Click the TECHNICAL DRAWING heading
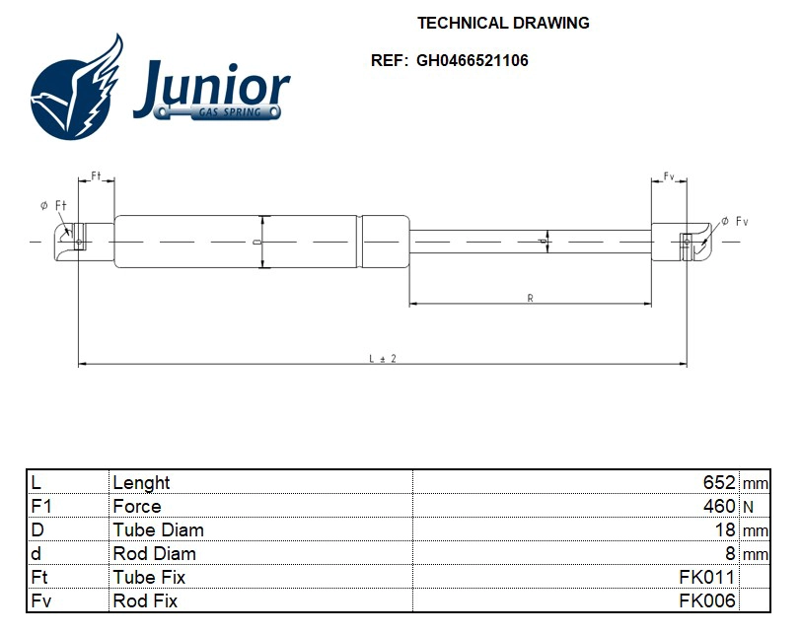click(x=503, y=23)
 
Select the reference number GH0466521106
click(x=472, y=60)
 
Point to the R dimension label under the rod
click(x=531, y=297)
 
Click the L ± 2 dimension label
click(x=382, y=358)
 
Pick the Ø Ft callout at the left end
click(x=52, y=205)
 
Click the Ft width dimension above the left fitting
click(x=97, y=176)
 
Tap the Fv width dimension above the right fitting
click(x=669, y=176)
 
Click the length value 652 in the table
click(x=719, y=483)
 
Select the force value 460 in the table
click(x=719, y=507)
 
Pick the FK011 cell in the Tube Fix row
click(x=707, y=578)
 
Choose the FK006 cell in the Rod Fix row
click(x=707, y=601)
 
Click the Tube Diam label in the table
click(x=158, y=530)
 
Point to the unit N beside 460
click(x=748, y=507)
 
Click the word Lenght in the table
click(x=141, y=483)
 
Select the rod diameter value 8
click(x=730, y=554)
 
